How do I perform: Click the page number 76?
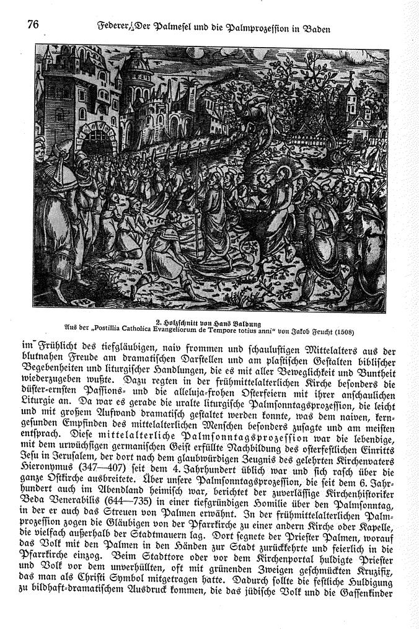tap(33, 24)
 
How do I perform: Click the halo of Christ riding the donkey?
tap(287, 169)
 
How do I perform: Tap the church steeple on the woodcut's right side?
tap(351, 96)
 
